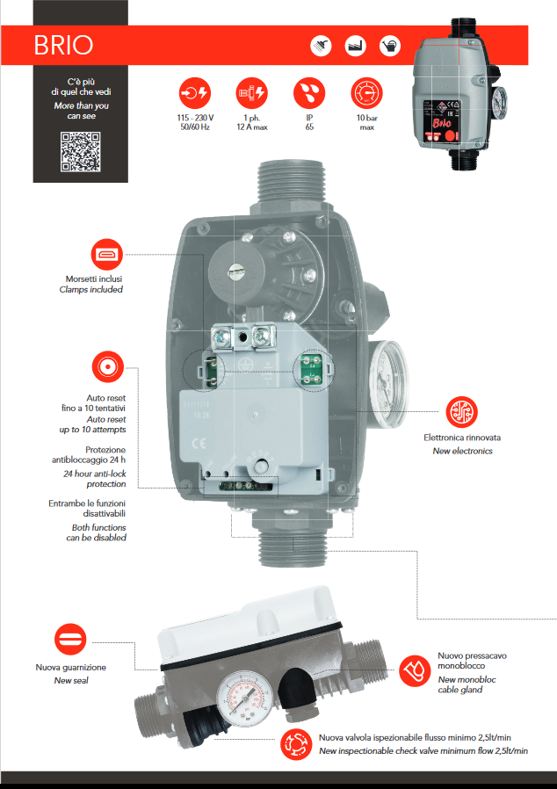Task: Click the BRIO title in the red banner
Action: click(63, 45)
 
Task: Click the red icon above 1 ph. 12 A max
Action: click(251, 92)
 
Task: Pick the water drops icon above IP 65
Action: click(308, 92)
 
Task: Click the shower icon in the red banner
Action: click(322, 45)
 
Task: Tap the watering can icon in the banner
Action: click(389, 45)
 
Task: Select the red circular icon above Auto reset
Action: click(107, 367)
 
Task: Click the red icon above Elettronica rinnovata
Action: click(461, 411)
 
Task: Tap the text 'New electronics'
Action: click(462, 451)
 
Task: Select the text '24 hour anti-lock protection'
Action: click(94, 479)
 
